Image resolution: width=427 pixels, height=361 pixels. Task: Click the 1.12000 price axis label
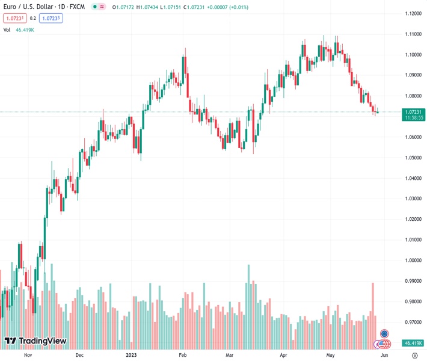click(413, 13)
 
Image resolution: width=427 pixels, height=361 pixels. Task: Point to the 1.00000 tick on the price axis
click(413, 261)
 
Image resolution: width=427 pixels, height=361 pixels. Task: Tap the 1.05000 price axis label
click(413, 158)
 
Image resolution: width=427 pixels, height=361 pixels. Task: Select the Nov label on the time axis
click(27, 355)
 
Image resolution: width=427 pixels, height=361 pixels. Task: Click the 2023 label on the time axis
click(132, 355)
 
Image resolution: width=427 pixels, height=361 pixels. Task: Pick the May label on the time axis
click(330, 355)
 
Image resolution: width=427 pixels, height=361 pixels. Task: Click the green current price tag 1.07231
click(413, 112)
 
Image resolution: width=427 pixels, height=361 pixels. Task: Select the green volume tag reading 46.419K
click(413, 343)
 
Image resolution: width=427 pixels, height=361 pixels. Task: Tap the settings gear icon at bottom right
click(414, 355)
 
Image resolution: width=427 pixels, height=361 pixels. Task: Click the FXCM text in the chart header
click(78, 7)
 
